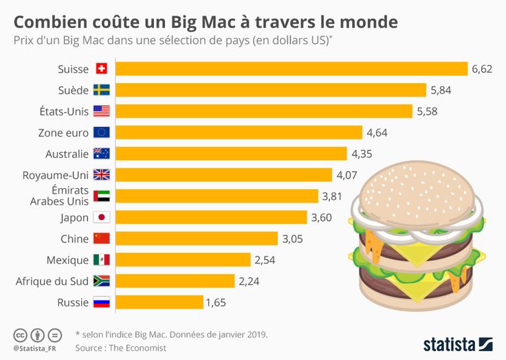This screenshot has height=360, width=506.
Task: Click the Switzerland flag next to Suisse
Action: click(102, 69)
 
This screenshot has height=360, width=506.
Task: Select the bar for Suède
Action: click(270, 90)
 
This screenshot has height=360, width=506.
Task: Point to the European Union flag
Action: click(102, 133)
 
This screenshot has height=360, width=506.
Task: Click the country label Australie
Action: click(67, 154)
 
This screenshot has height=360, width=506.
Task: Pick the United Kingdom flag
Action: click(102, 175)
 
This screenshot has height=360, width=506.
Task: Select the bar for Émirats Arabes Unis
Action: click(217, 196)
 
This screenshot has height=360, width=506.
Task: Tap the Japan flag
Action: click(102, 218)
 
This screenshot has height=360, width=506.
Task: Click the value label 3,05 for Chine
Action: click(291, 239)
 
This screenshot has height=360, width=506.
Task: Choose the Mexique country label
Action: click(67, 260)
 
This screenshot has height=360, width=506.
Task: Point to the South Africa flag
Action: click(102, 281)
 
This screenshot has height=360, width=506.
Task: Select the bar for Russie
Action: click(159, 302)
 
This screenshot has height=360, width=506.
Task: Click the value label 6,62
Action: click(482, 69)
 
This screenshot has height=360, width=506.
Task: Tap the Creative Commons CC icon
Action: click(20, 335)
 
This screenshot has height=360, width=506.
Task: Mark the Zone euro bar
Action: click(239, 133)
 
